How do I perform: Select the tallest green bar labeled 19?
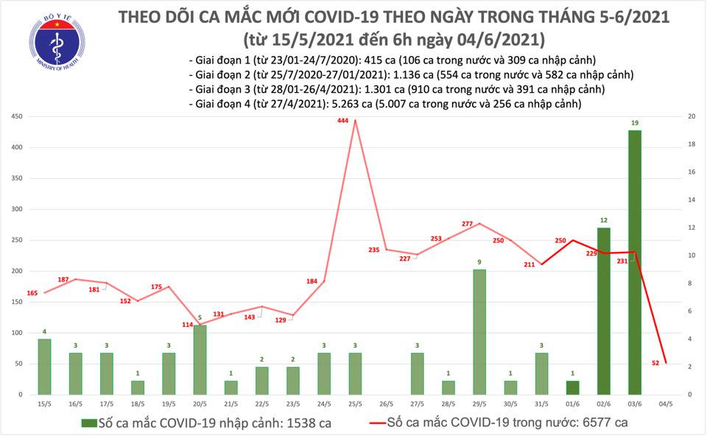point(634,261)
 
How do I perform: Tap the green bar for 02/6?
point(603,311)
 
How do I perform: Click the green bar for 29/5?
point(479,331)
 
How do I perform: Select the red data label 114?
point(187,325)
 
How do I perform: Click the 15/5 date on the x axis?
point(44,404)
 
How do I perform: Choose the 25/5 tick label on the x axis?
point(356,404)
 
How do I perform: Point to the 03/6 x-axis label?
point(634,404)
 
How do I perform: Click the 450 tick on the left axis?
point(15,116)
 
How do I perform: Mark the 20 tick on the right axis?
point(691,116)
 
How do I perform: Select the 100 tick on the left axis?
point(15,333)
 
